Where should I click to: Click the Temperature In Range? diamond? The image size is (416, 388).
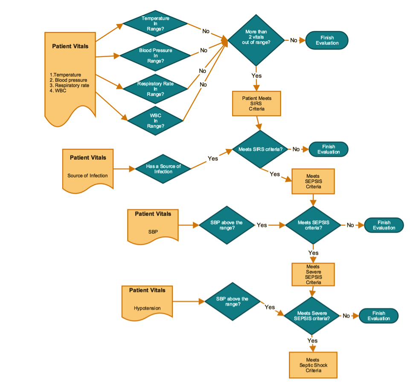(155, 24)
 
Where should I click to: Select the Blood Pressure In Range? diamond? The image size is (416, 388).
(155, 56)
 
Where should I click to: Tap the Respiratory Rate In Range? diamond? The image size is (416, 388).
(155, 89)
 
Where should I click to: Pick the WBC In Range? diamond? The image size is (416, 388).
(155, 121)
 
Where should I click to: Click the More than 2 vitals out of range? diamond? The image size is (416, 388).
(256, 40)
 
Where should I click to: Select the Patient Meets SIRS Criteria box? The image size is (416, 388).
(256, 103)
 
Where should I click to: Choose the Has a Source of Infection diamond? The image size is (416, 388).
(163, 169)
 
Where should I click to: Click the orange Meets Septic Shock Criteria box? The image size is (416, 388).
(313, 365)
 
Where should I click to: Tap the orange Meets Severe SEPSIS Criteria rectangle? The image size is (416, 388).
(313, 274)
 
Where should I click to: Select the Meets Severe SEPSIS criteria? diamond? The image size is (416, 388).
(313, 316)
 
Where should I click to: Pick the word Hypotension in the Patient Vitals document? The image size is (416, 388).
(147, 308)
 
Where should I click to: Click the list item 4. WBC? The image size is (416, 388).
(58, 90)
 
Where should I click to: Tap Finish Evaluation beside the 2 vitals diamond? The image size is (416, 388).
(327, 40)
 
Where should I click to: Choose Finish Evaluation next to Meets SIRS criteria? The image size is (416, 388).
(329, 149)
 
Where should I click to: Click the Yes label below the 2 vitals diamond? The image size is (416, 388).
(256, 76)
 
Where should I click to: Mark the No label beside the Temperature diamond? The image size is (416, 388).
(206, 31)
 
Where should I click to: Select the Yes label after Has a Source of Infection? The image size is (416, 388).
(212, 158)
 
